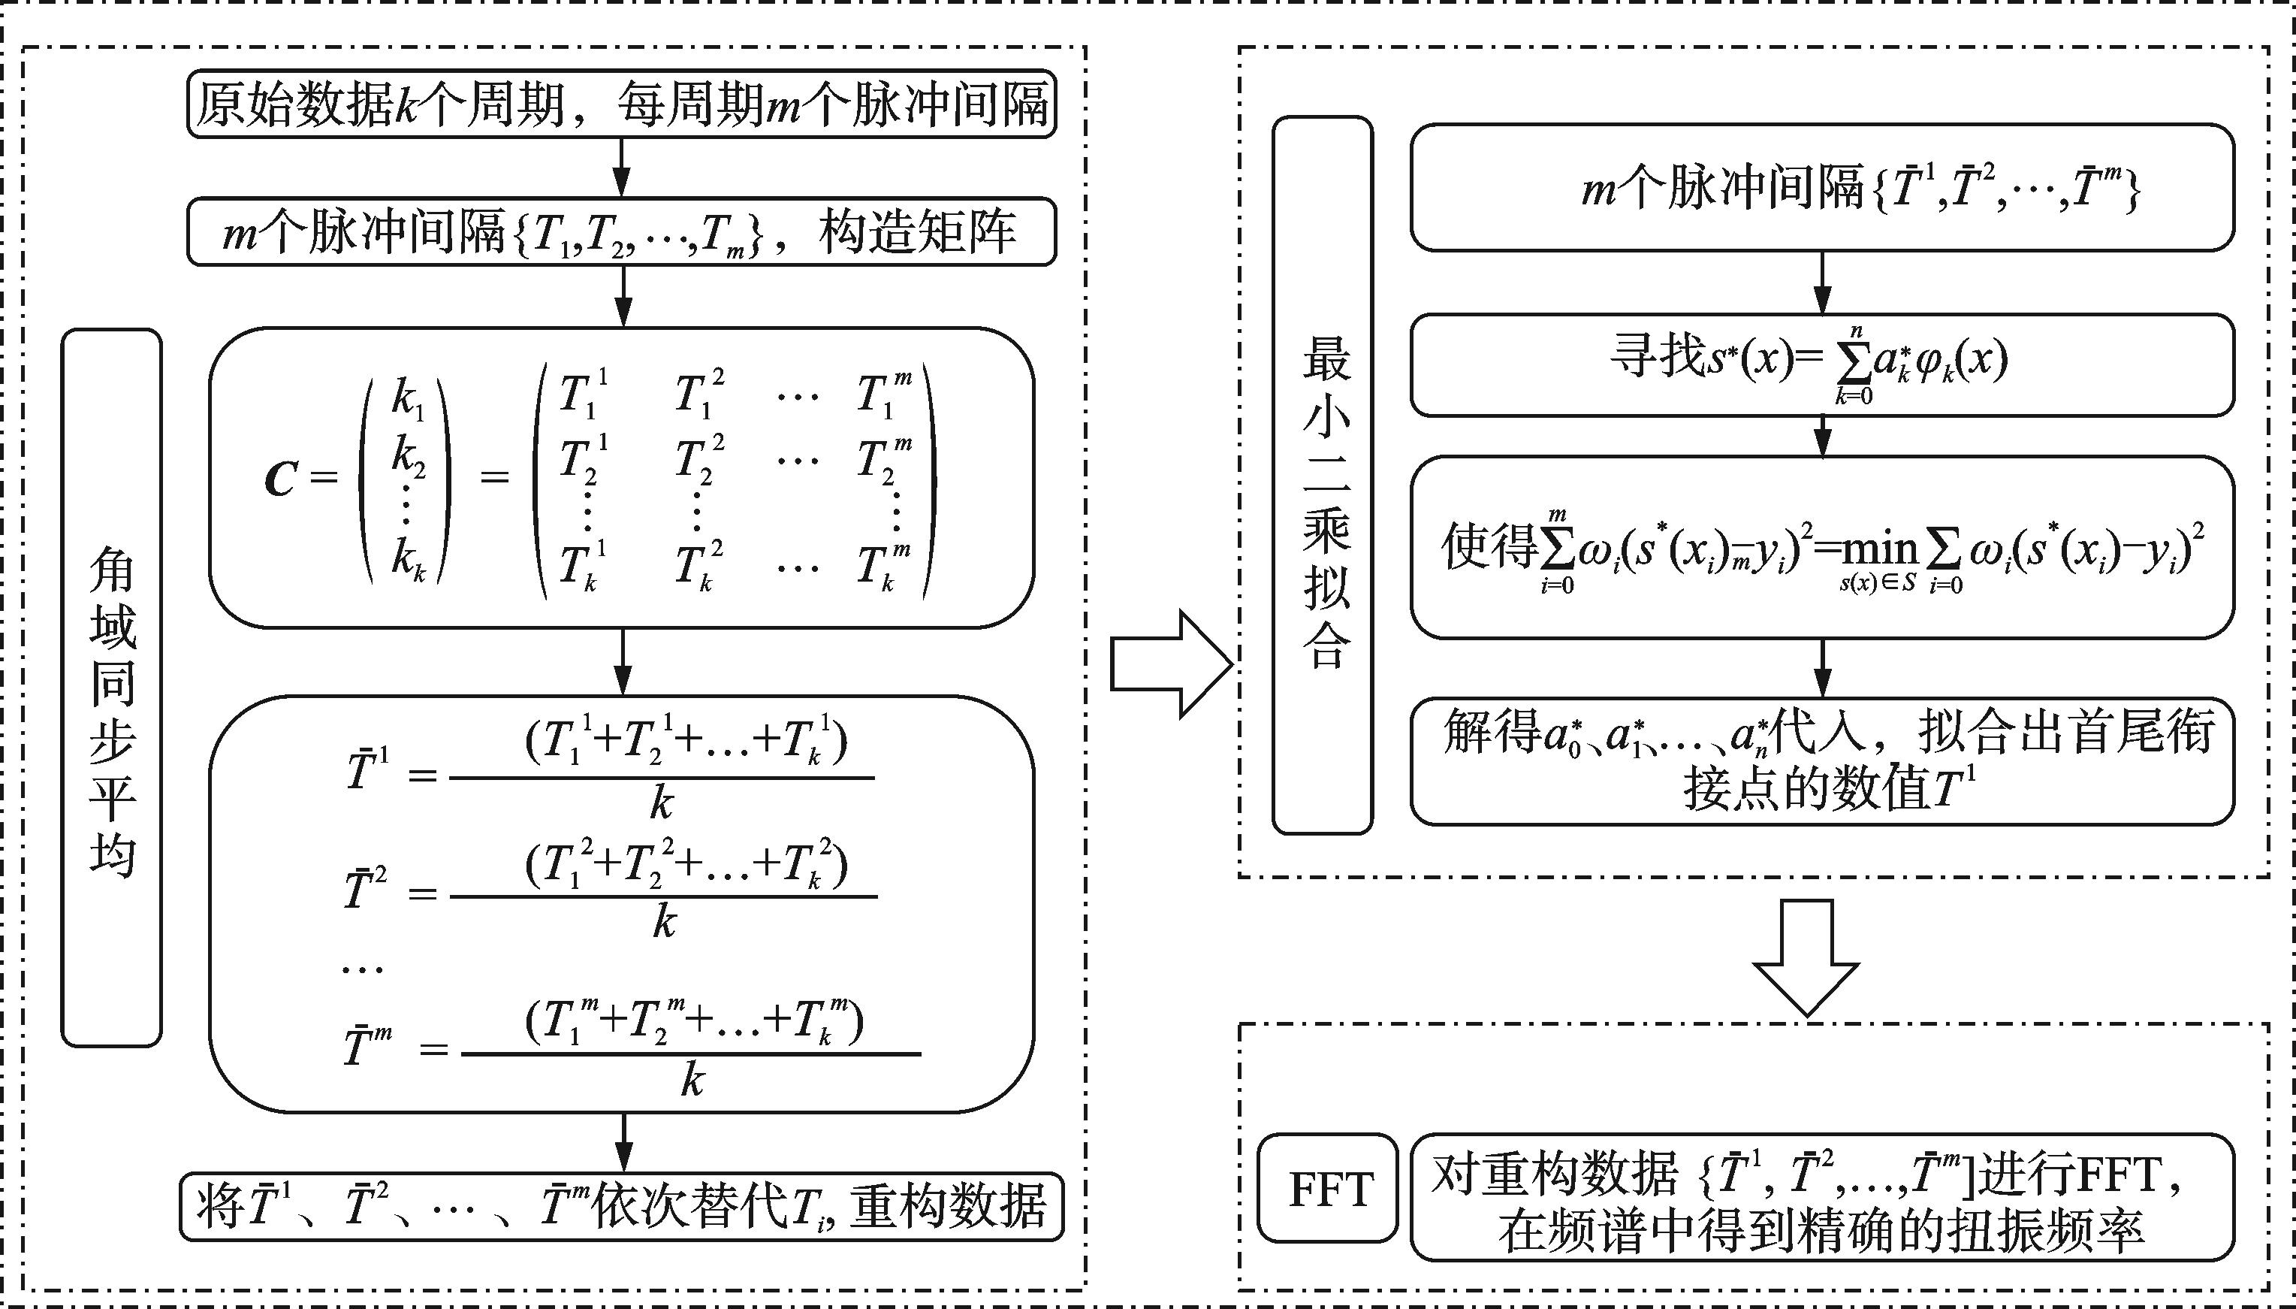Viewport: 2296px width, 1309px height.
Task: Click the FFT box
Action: [1327, 1190]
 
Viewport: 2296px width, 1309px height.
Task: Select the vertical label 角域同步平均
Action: [111, 687]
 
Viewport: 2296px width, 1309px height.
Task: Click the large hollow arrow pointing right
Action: [1170, 664]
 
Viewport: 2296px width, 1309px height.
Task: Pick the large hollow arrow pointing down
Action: [1806, 957]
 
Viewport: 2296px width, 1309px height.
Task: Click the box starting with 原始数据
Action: [621, 104]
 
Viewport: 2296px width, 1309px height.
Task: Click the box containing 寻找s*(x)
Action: [1821, 364]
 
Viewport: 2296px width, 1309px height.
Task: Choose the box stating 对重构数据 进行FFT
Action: [1821, 1196]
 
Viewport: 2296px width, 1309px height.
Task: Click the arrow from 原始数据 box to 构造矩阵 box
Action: [622, 168]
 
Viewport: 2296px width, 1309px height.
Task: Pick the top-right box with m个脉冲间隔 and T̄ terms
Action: [1821, 187]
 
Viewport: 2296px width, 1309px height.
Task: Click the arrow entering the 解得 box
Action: [1821, 668]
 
